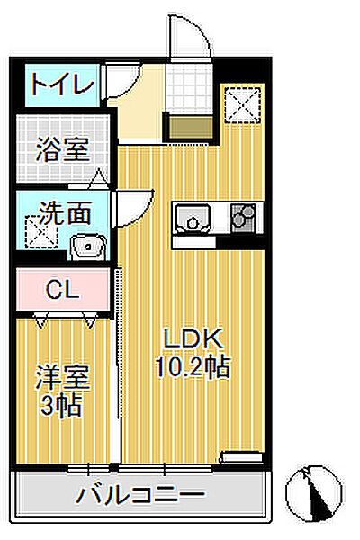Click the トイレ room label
(x=61, y=85)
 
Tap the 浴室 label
(x=62, y=148)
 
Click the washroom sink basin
(x=86, y=245)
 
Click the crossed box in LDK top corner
(x=242, y=102)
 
